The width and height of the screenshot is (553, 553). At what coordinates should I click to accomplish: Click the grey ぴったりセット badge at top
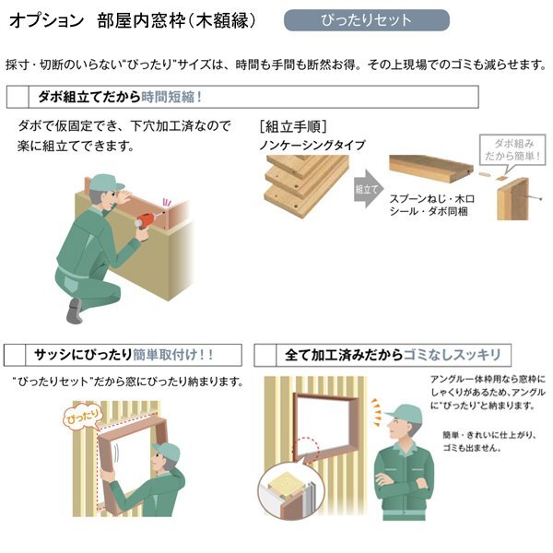click(366, 20)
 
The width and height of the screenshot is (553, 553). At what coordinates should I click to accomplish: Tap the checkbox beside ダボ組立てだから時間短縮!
click(18, 96)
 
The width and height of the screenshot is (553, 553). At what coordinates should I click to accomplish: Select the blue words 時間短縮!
click(172, 96)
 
